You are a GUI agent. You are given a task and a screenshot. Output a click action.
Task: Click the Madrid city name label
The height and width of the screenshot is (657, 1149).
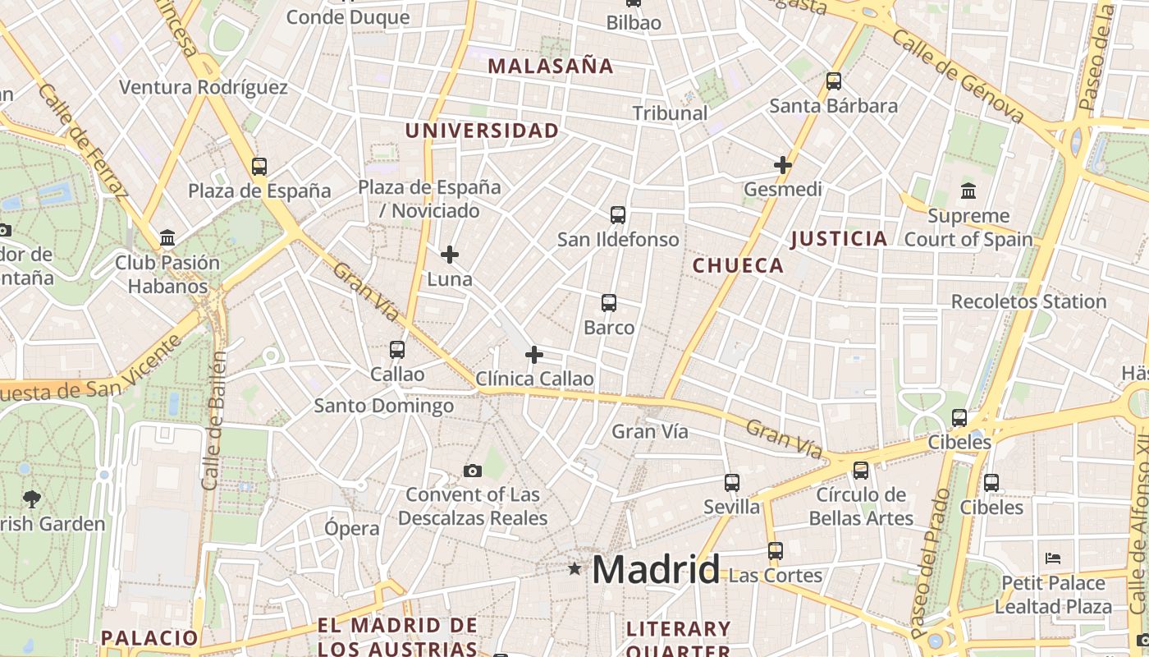pyautogui.click(x=656, y=569)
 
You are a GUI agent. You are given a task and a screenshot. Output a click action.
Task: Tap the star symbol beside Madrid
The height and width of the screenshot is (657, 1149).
pyautogui.click(x=574, y=568)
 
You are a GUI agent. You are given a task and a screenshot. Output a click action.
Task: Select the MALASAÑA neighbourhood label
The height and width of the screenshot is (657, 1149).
pyautogui.click(x=551, y=67)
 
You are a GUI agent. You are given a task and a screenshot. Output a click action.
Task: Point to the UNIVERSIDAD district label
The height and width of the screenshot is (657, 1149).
pyautogui.click(x=482, y=131)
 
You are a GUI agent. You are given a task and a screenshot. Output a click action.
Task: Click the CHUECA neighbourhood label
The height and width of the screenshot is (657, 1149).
pyautogui.click(x=738, y=265)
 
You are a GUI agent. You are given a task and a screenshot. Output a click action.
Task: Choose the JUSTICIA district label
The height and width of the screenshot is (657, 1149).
pyautogui.click(x=839, y=239)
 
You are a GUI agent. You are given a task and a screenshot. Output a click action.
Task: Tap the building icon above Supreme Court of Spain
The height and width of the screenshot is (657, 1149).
pyautogui.click(x=968, y=191)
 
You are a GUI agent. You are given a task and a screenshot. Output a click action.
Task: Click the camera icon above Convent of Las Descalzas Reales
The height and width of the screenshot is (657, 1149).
pyautogui.click(x=472, y=471)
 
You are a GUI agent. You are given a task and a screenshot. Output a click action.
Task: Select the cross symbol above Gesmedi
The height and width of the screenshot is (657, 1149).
pyautogui.click(x=783, y=165)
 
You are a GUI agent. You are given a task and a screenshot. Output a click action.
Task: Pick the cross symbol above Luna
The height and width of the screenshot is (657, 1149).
pyautogui.click(x=450, y=255)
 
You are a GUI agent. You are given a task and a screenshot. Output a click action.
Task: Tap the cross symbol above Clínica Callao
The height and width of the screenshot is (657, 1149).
pyautogui.click(x=534, y=355)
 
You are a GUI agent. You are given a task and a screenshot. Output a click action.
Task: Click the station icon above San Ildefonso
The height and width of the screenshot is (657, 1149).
pyautogui.click(x=618, y=215)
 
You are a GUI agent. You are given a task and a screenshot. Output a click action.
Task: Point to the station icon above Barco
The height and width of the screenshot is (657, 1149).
pyautogui.click(x=609, y=303)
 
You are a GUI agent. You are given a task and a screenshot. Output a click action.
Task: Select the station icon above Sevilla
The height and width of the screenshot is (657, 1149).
pyautogui.click(x=732, y=483)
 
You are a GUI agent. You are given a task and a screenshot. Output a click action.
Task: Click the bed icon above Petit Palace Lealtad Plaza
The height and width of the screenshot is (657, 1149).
pyautogui.click(x=1053, y=558)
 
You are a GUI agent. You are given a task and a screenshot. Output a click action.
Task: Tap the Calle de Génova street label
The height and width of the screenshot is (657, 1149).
pyautogui.click(x=958, y=76)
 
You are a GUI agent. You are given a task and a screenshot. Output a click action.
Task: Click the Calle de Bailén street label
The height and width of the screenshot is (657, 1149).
pyautogui.click(x=214, y=420)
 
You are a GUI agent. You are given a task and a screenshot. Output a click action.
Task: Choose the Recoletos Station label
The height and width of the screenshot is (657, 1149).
pyautogui.click(x=1028, y=301)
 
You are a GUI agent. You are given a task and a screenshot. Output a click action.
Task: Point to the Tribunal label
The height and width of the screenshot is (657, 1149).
pyautogui.click(x=670, y=113)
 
